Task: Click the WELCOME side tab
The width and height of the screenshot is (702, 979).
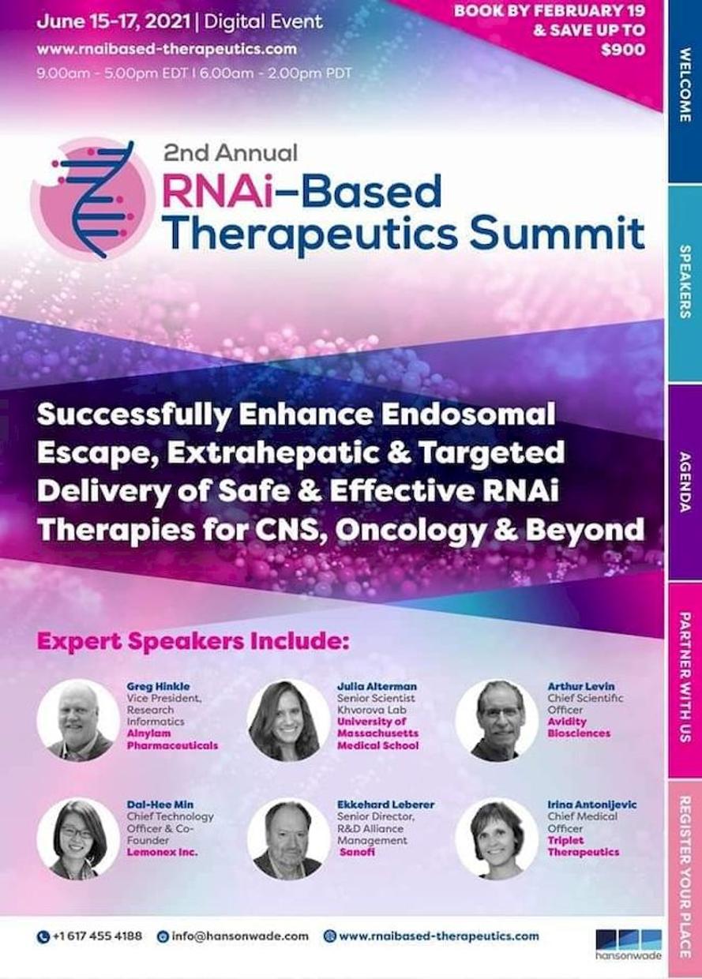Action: coord(685,91)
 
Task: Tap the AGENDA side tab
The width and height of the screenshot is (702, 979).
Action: coord(685,482)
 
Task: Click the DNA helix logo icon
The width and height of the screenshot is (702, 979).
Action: coord(94,199)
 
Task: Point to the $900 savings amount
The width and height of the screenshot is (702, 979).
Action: coord(623,50)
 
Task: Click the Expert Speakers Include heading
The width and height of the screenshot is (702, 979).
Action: coord(193,642)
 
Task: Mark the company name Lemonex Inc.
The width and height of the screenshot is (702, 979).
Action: coord(162,852)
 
